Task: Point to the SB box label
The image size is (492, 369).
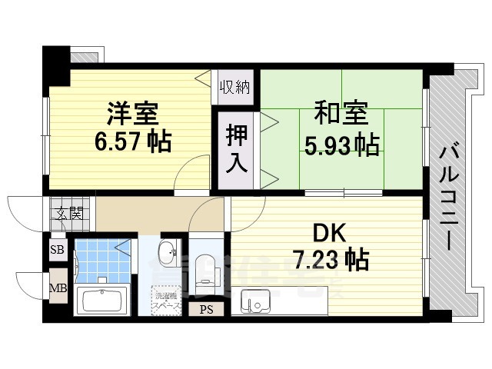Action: pos(57,249)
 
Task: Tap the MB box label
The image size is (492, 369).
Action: pos(57,289)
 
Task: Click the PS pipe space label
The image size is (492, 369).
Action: pos(207,310)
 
